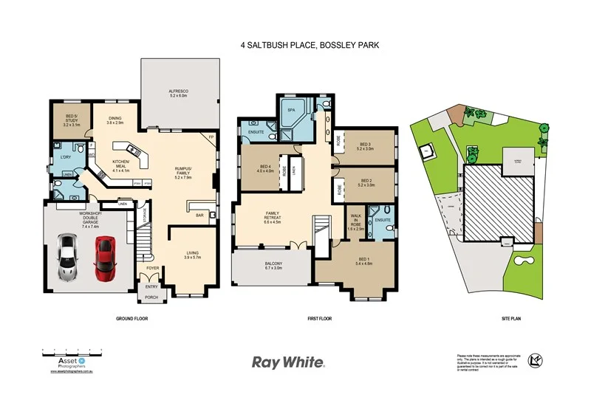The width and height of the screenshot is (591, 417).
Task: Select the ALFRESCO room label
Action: (180, 93)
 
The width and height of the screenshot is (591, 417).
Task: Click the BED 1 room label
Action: (364, 260)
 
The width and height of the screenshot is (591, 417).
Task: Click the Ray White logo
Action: (288, 362)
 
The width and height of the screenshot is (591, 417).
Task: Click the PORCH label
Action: (151, 298)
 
